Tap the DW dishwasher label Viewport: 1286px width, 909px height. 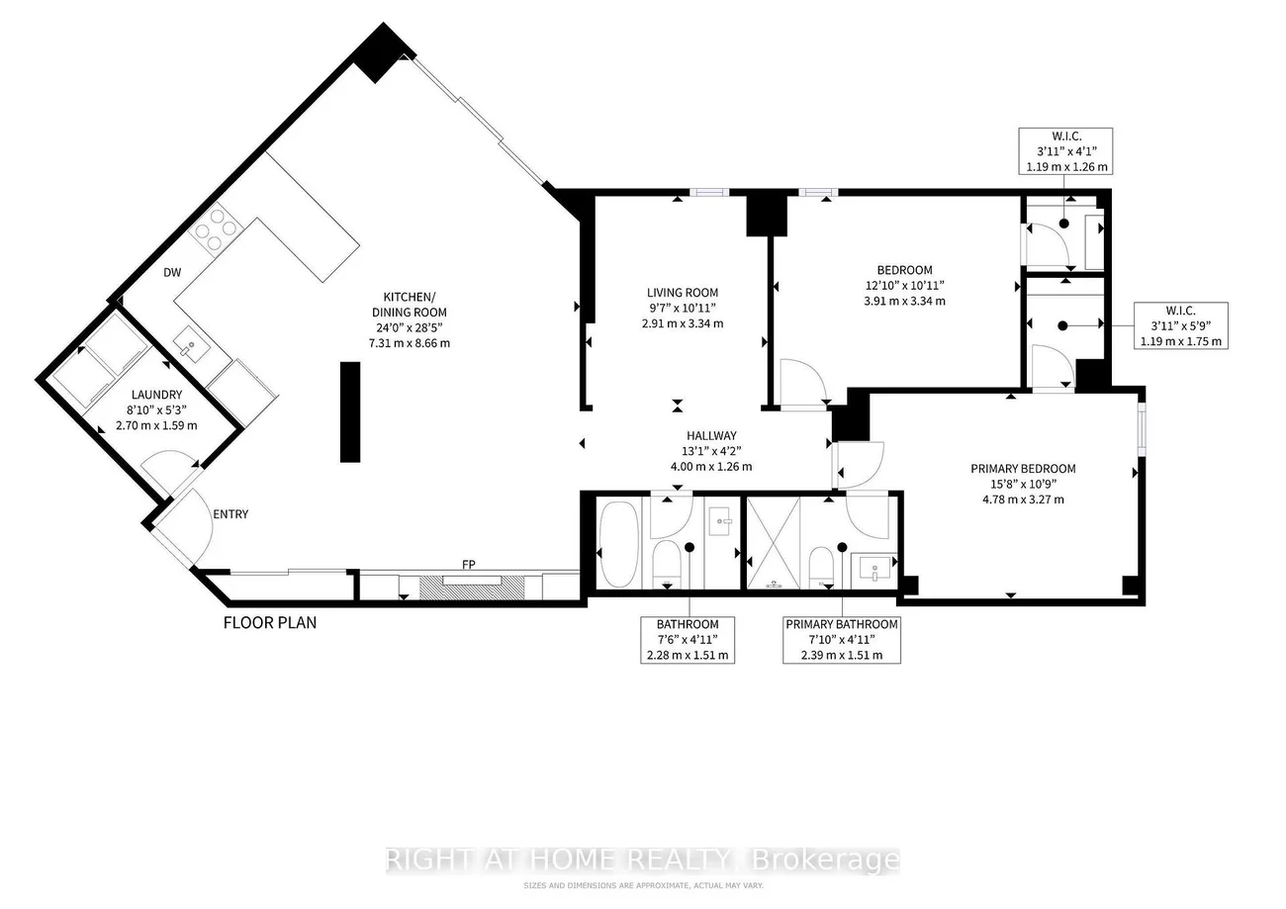pyautogui.click(x=171, y=273)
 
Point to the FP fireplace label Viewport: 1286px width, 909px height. pyautogui.click(x=469, y=565)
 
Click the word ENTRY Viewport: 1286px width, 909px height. pyautogui.click(x=230, y=514)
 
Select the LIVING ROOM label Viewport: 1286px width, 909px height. pyautogui.click(x=682, y=293)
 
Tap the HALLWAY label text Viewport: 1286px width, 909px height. pyautogui.click(x=711, y=435)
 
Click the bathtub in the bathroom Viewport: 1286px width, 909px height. pyautogui.click(x=620, y=544)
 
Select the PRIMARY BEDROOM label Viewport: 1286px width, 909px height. pyautogui.click(x=1022, y=469)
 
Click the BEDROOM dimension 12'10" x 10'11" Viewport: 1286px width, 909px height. pyautogui.click(x=904, y=286)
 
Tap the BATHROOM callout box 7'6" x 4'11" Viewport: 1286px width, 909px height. pyautogui.click(x=687, y=639)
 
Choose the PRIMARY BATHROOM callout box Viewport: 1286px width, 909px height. pyautogui.click(x=841, y=639)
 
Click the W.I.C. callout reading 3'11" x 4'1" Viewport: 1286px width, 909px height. pyautogui.click(x=1066, y=151)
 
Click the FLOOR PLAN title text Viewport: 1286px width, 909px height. pyautogui.click(x=269, y=623)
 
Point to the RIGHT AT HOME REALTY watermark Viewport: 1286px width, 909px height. pyautogui.click(x=642, y=860)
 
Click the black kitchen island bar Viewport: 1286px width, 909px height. pyautogui.click(x=350, y=411)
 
